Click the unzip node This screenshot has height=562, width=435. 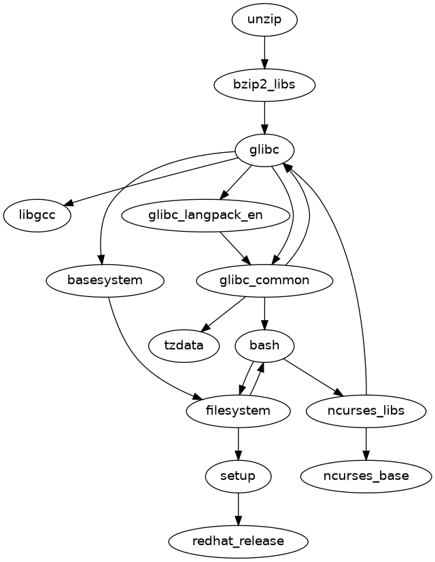264,20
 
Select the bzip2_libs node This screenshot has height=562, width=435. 264,85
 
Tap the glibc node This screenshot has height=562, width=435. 264,150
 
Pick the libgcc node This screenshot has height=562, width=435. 37,215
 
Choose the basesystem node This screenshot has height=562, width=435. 105,280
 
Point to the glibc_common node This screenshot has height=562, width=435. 264,280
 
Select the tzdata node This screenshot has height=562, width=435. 184,345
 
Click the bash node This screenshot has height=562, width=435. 264,345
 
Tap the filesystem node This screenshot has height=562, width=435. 238,410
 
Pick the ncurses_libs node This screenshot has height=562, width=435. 366,410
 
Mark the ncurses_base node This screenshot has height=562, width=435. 366,475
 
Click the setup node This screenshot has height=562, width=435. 238,475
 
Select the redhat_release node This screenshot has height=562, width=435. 238,541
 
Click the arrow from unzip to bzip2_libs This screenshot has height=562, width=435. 264,52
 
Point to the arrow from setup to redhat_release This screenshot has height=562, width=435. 238,508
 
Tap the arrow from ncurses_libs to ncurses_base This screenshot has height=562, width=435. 366,442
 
